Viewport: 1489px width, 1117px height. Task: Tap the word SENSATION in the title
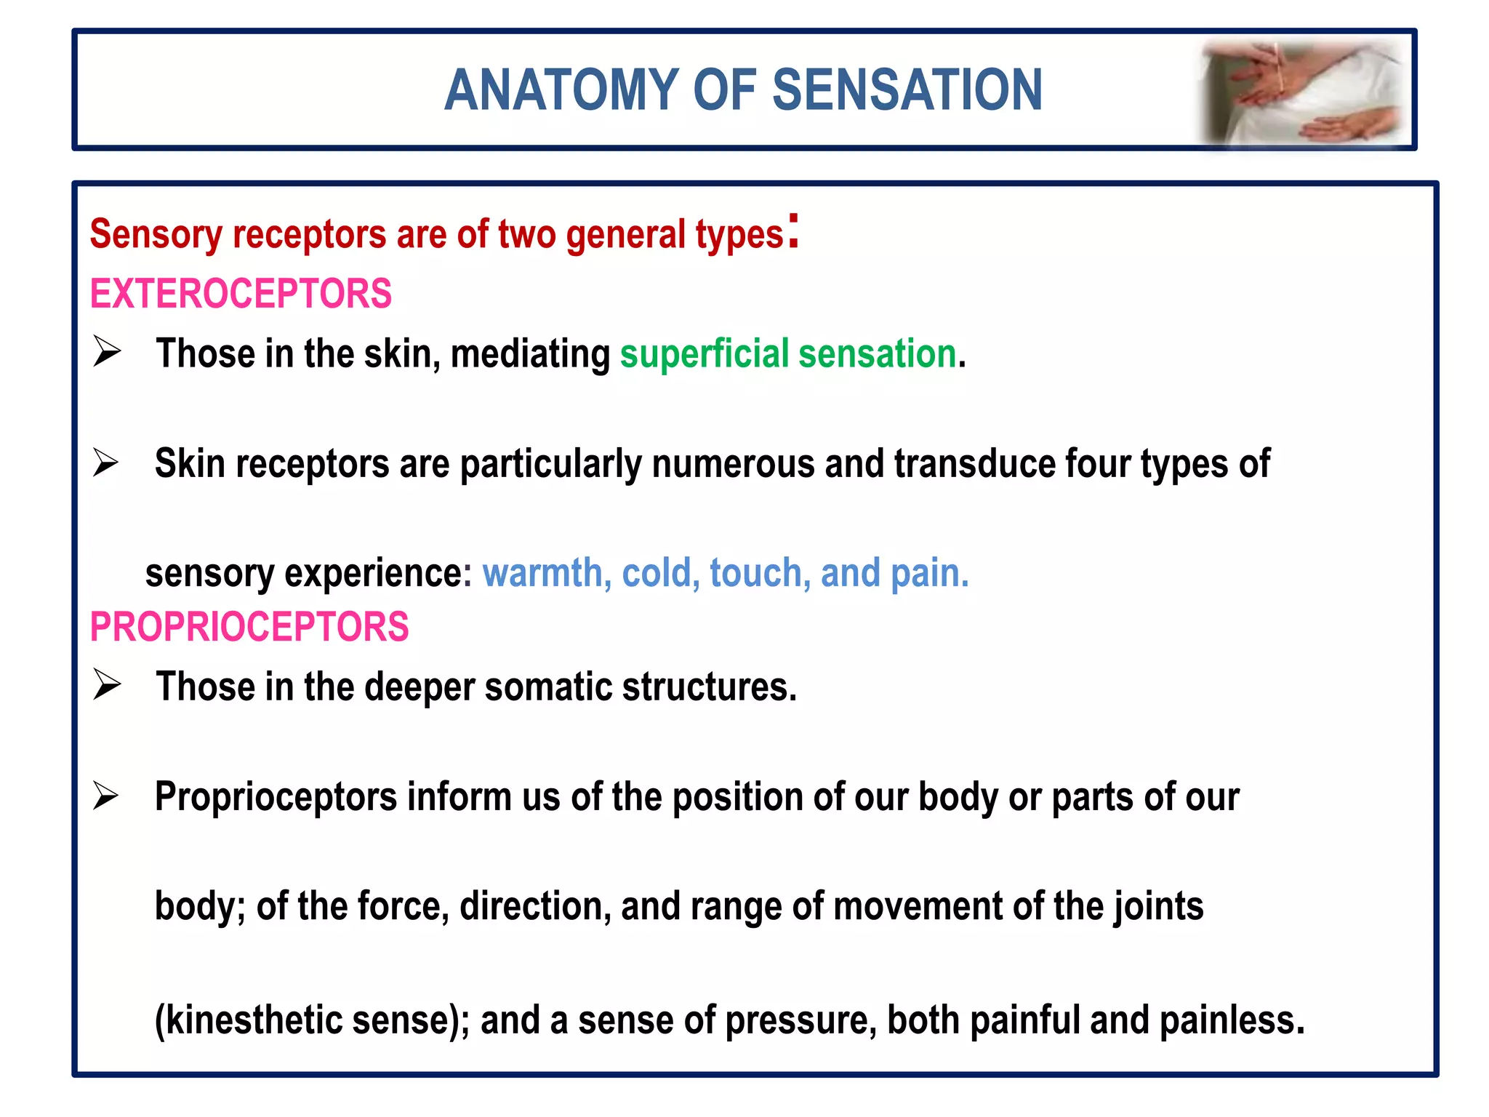[x=907, y=90]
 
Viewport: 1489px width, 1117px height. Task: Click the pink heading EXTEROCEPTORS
[x=241, y=294]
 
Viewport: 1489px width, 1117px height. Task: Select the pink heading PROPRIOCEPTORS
[x=249, y=627]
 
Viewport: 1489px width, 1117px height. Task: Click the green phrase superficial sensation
[x=787, y=354]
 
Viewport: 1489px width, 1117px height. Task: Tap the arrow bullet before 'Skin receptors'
[x=106, y=463]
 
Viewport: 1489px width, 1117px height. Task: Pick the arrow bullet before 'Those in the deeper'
[x=107, y=684]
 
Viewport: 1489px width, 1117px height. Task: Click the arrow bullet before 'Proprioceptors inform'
[x=106, y=796]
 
